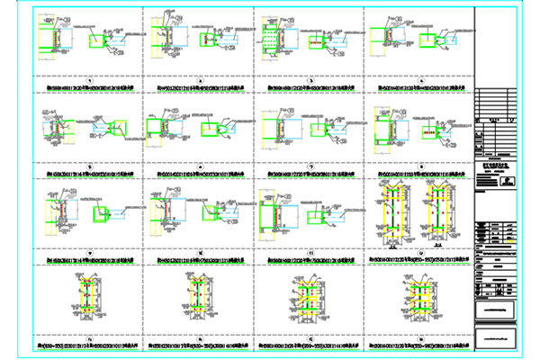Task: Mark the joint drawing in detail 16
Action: pos(418,297)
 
